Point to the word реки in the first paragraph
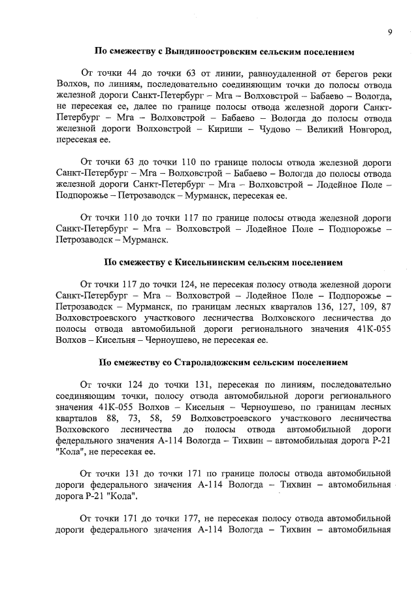tap(382, 72)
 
